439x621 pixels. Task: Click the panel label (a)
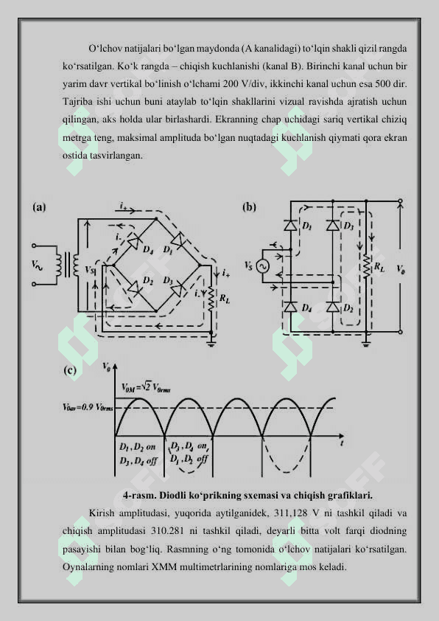pyautogui.click(x=39, y=207)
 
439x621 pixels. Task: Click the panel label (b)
pyautogui.click(x=249, y=207)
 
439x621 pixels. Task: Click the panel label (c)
pyautogui.click(x=70, y=370)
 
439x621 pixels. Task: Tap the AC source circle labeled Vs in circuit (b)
pyautogui.click(x=261, y=266)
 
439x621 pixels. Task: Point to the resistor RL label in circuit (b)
pyautogui.click(x=379, y=267)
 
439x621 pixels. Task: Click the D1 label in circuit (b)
pyautogui.click(x=307, y=226)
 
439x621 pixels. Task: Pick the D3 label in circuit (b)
pyautogui.click(x=348, y=226)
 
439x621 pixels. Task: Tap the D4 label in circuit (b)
pyautogui.click(x=306, y=308)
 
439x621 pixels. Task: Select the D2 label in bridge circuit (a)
pyautogui.click(x=148, y=281)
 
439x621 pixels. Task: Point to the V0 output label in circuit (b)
pyautogui.click(x=401, y=270)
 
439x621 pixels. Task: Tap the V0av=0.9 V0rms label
pyautogui.click(x=88, y=407)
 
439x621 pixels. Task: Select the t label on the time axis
pyautogui.click(x=342, y=443)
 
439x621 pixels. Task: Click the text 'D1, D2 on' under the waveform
pyautogui.click(x=138, y=447)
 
